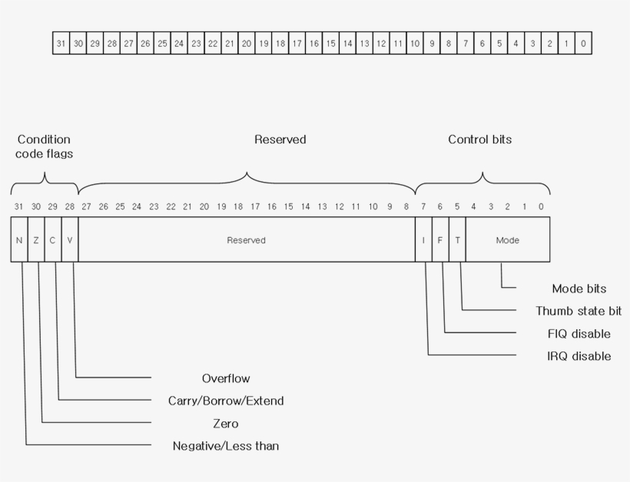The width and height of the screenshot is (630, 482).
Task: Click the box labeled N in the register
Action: [19, 240]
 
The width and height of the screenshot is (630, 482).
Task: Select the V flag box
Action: [70, 240]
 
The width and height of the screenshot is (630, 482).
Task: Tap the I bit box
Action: [423, 240]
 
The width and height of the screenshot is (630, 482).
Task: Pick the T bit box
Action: [457, 240]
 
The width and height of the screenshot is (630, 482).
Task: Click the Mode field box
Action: [507, 240]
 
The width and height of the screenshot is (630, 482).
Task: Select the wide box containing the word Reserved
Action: [246, 240]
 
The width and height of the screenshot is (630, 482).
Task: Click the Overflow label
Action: [226, 378]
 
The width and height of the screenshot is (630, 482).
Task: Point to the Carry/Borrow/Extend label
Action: [226, 401]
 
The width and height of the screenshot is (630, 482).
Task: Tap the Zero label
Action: [226, 424]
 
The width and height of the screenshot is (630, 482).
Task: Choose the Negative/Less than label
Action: [226, 446]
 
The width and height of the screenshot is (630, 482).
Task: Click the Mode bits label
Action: [579, 289]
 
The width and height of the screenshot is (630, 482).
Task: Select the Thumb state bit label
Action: [579, 311]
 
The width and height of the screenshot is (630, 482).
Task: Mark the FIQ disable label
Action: [579, 334]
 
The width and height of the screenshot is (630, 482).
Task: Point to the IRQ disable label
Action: [579, 356]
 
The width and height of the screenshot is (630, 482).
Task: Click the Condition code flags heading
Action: [44, 147]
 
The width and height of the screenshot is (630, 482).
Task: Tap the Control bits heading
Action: [479, 140]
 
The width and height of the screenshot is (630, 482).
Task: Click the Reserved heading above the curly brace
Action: [280, 140]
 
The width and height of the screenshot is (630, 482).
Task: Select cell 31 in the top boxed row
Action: [61, 44]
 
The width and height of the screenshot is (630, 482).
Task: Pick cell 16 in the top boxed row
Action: [313, 44]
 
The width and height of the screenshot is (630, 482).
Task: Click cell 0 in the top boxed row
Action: [583, 44]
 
